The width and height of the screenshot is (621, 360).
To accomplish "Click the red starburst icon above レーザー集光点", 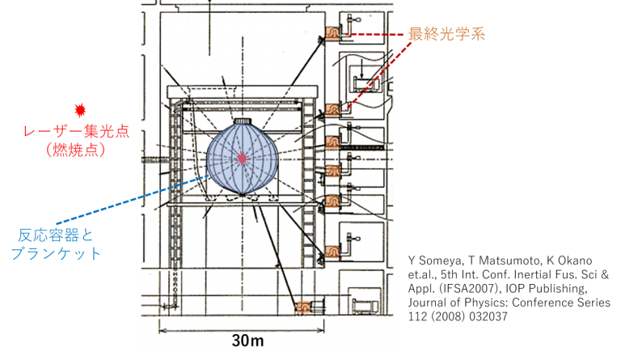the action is (x=80, y=110).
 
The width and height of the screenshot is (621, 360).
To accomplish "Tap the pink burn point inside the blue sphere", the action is (x=242, y=158).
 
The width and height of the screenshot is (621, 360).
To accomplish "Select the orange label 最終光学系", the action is (x=446, y=34).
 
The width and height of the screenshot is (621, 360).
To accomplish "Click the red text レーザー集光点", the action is (x=77, y=131).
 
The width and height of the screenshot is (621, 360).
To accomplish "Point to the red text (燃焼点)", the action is (x=76, y=150).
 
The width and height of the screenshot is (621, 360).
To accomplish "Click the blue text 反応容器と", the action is (x=56, y=235).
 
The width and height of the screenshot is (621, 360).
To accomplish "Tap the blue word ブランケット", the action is (x=56, y=253).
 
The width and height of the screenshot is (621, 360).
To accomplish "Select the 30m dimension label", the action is (x=247, y=341).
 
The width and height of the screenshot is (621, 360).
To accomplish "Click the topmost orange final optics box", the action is (x=332, y=33).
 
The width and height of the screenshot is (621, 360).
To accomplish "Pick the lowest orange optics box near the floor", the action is (x=303, y=307).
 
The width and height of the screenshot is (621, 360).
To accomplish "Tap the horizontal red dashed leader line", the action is (x=377, y=35).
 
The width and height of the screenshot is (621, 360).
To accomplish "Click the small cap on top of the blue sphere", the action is (x=242, y=121).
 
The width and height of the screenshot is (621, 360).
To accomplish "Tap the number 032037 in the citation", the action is (x=484, y=316).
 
